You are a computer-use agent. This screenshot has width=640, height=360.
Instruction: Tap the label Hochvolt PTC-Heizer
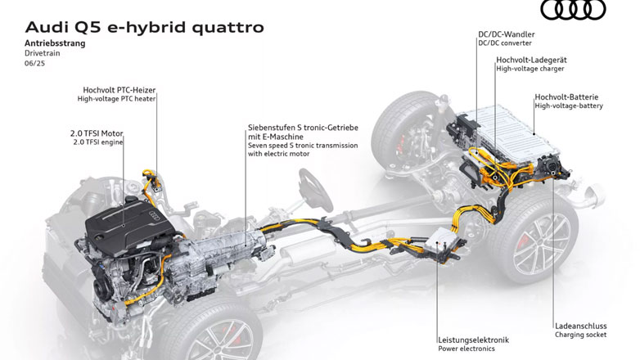pos(119,89)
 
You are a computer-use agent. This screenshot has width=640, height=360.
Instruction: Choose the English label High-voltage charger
pos(529,70)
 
